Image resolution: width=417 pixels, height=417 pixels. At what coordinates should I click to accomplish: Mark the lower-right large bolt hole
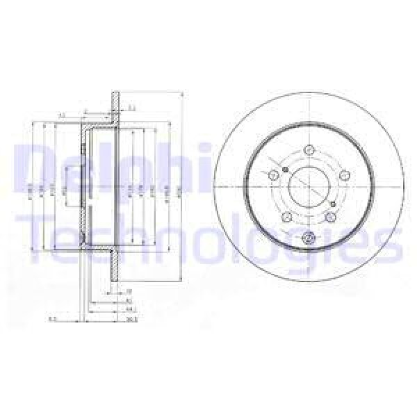(x=332, y=217)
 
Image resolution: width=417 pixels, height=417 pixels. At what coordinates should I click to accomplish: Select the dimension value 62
(x=129, y=301)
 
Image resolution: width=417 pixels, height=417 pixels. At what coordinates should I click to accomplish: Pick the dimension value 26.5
(x=131, y=320)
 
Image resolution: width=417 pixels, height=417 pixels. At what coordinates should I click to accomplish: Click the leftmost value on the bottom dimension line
(x=51, y=320)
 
